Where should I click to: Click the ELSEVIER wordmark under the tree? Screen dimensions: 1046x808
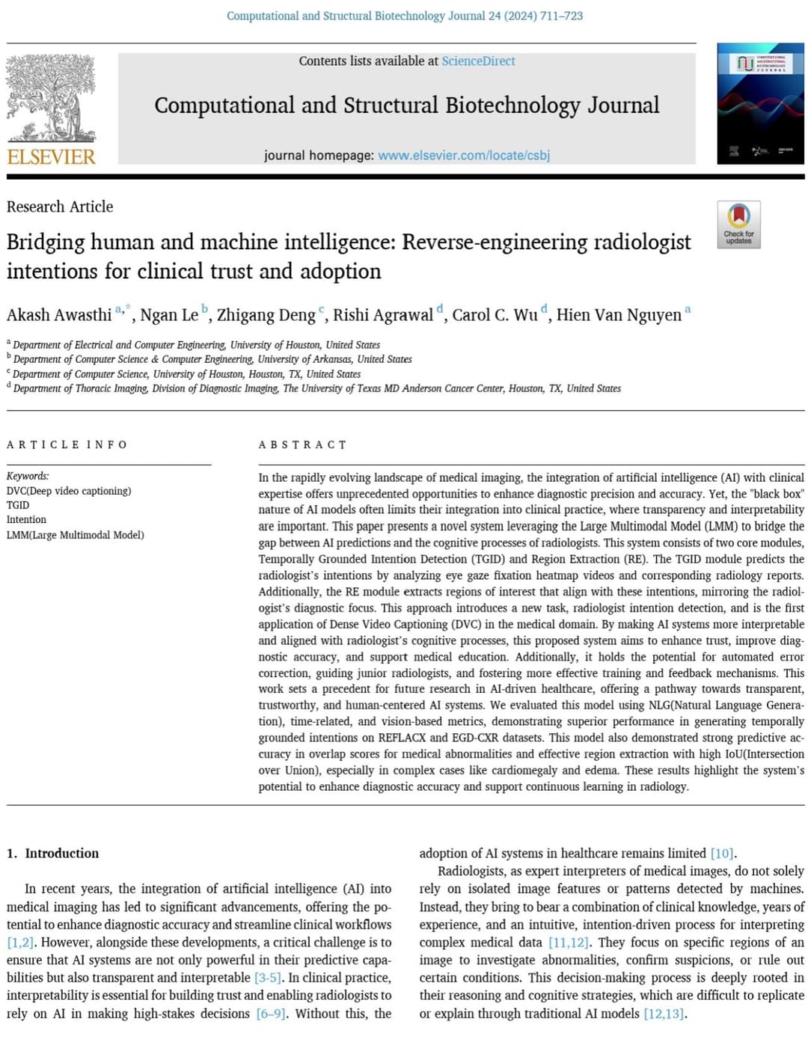point(51,157)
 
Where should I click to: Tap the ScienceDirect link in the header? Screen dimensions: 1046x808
point(478,61)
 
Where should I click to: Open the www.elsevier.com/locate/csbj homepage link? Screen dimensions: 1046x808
point(463,156)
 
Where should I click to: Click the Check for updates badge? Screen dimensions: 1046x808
point(738,224)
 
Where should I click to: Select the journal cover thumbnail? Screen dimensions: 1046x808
point(760,103)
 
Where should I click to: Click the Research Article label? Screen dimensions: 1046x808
point(60,207)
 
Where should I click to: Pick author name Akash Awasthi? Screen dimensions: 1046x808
point(59,315)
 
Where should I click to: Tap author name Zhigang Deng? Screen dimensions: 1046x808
point(266,315)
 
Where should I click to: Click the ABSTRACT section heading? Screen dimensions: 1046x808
point(302,445)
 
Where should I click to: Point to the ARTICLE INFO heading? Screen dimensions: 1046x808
point(67,445)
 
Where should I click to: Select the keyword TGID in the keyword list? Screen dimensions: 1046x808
point(18,505)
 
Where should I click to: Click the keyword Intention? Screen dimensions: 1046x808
point(26,519)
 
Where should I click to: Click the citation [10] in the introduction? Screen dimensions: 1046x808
point(722,853)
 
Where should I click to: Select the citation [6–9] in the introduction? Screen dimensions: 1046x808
point(270,1014)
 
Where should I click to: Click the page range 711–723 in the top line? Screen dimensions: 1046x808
point(557,16)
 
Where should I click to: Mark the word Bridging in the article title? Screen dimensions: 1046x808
point(46,242)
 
